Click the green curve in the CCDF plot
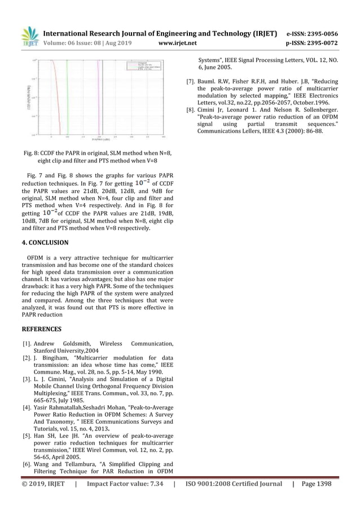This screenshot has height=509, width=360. (68, 96)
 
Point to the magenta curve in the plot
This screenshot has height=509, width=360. (99, 96)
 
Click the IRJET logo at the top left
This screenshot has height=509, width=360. (29, 36)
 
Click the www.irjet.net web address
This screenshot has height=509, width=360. (177, 43)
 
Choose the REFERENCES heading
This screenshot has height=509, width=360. (42, 328)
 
